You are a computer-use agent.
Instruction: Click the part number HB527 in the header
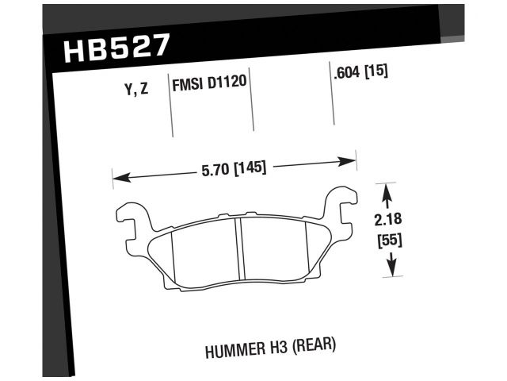click(115, 48)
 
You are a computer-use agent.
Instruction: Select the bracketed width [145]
click(248, 167)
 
